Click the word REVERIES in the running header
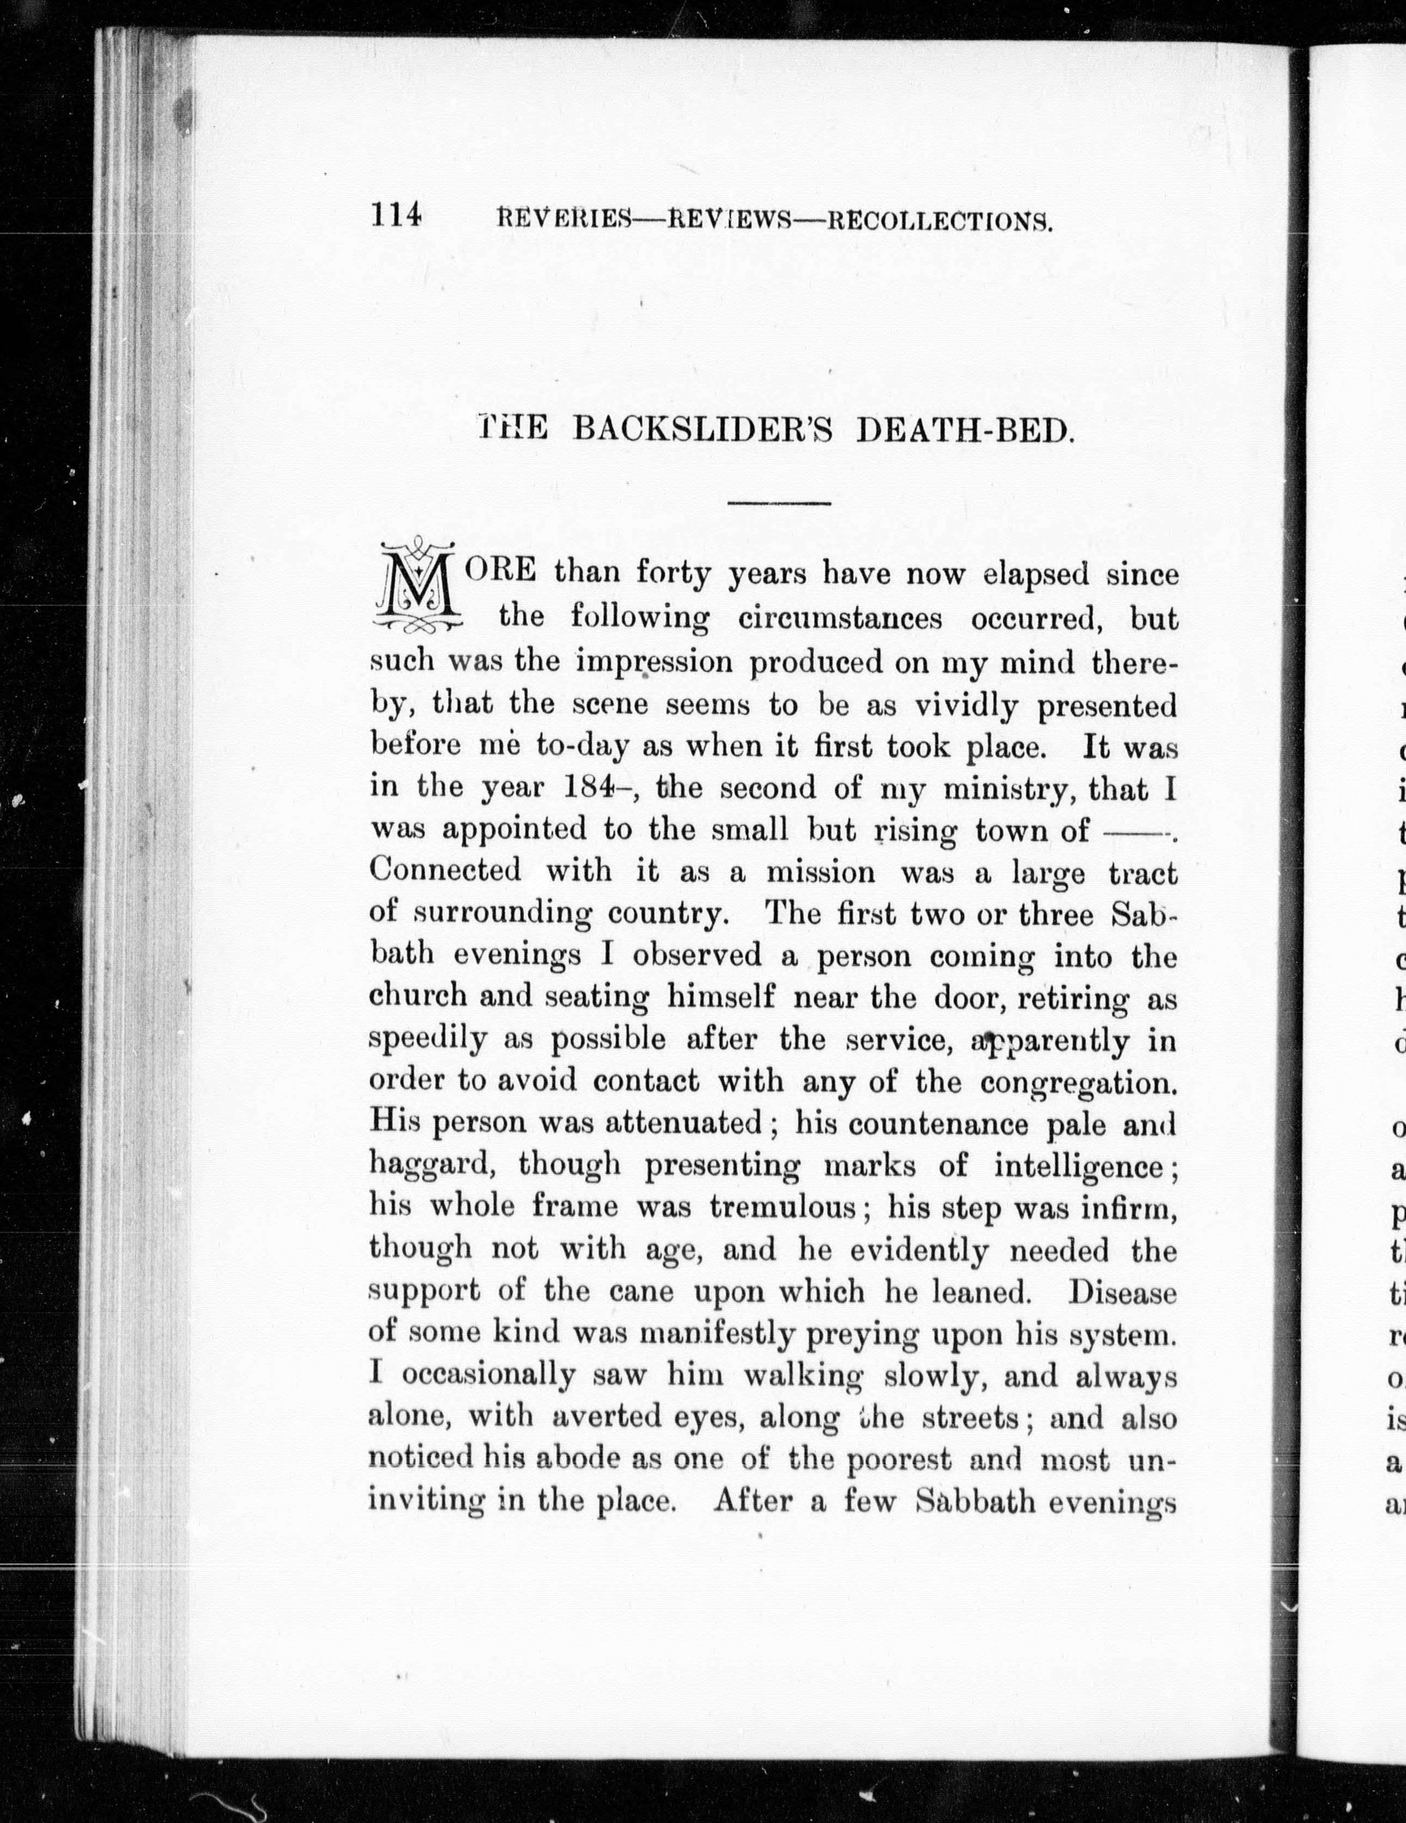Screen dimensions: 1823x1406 (x=563, y=220)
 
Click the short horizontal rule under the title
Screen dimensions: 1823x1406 (x=779, y=503)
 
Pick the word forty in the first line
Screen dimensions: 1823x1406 (x=674, y=574)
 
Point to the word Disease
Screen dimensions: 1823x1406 (x=1122, y=1291)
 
